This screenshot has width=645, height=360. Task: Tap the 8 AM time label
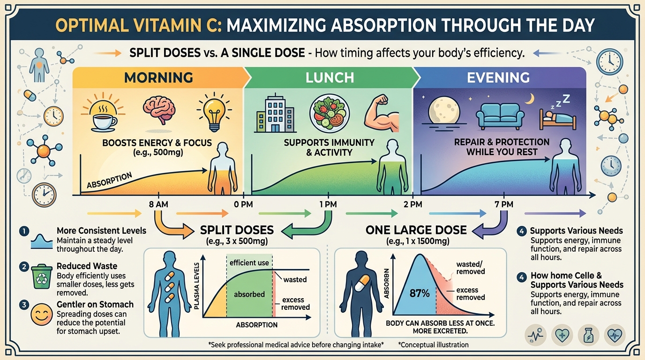(159, 204)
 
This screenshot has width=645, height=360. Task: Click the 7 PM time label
(503, 204)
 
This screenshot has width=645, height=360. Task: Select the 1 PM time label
(327, 204)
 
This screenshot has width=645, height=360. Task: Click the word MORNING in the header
(158, 77)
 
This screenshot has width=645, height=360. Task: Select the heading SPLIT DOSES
(237, 230)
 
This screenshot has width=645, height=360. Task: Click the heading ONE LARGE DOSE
(416, 230)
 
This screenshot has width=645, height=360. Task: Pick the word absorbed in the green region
(249, 294)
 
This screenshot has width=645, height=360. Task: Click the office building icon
(275, 114)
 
